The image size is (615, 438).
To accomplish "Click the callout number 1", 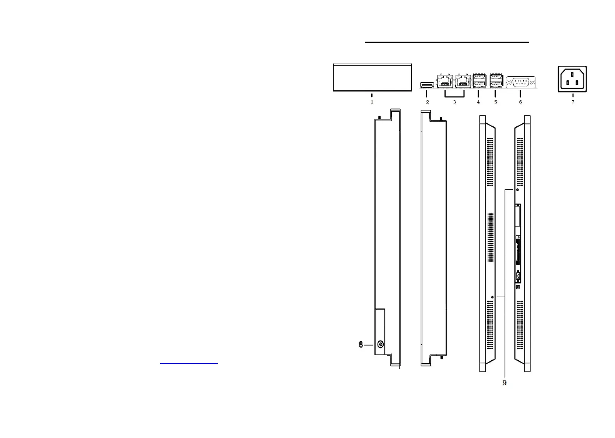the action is click(x=372, y=102).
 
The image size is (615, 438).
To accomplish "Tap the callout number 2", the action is click(x=428, y=102).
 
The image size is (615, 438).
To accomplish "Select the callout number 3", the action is click(x=454, y=102).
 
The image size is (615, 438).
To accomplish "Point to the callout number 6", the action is click(x=520, y=102).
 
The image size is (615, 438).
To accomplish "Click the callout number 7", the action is click(x=573, y=102).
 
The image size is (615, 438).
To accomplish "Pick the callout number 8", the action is click(x=361, y=344).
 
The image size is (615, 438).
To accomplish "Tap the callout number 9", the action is click(x=505, y=383).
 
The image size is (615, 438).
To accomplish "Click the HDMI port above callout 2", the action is click(x=427, y=85).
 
